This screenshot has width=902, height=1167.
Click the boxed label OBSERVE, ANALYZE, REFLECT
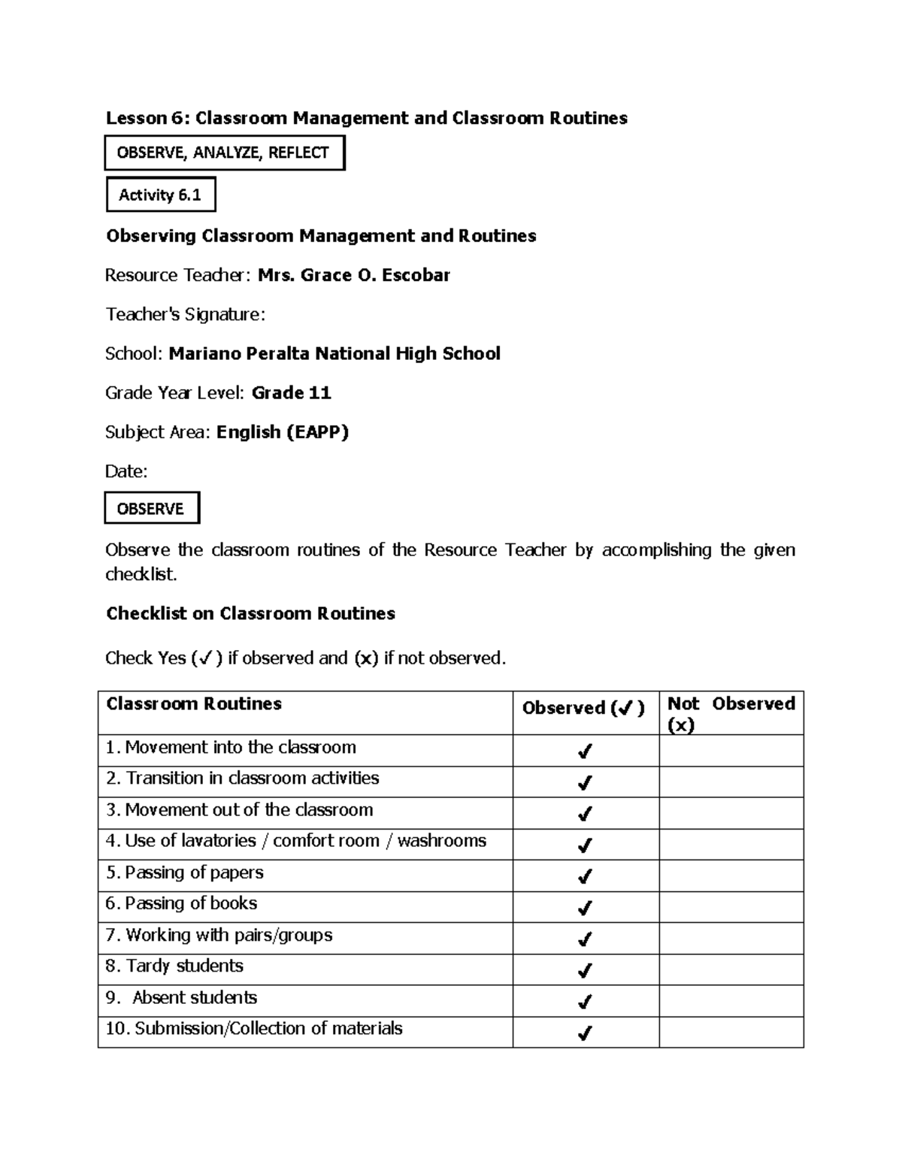(223, 153)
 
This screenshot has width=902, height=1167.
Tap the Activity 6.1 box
(160, 195)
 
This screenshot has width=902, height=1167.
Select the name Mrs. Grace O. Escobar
(353, 275)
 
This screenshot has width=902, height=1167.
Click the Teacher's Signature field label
(185, 314)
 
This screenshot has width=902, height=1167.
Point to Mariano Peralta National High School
(334, 353)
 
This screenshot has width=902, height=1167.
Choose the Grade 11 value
(291, 392)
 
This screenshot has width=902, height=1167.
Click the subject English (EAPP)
(283, 432)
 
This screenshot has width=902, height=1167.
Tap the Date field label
(126, 471)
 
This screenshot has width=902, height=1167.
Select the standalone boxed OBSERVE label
(151, 509)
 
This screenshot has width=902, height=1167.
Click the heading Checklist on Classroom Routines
(250, 613)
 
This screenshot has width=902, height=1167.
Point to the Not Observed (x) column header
(731, 713)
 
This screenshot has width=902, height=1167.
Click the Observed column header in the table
(583, 708)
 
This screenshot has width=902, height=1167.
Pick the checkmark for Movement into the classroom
(584, 751)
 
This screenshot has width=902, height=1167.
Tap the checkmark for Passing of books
(584, 908)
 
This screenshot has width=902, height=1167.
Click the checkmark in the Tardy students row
(584, 970)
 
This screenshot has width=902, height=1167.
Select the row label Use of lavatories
(295, 841)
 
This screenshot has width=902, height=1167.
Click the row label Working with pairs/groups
(219, 935)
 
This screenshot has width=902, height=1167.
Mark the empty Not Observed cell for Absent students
(731, 1001)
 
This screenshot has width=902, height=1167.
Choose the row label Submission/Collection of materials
(254, 1028)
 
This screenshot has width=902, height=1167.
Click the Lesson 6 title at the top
(366, 118)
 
